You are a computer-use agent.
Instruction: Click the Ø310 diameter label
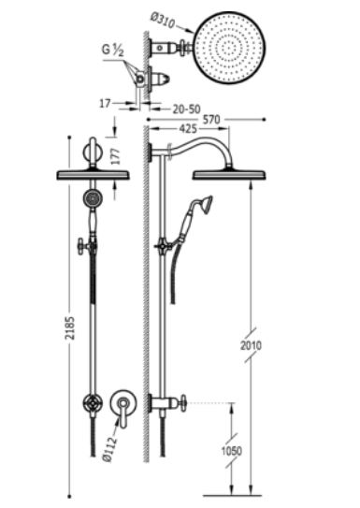(163, 21)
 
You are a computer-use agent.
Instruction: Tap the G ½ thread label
(112, 51)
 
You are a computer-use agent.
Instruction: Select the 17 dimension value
(105, 104)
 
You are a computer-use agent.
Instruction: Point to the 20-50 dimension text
(186, 109)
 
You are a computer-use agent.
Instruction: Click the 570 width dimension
(211, 120)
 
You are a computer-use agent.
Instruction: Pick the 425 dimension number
(188, 128)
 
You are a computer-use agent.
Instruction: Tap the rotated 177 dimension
(115, 156)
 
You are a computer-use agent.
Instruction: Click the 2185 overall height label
(69, 327)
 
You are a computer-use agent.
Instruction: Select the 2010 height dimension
(251, 346)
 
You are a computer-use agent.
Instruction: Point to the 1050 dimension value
(232, 451)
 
